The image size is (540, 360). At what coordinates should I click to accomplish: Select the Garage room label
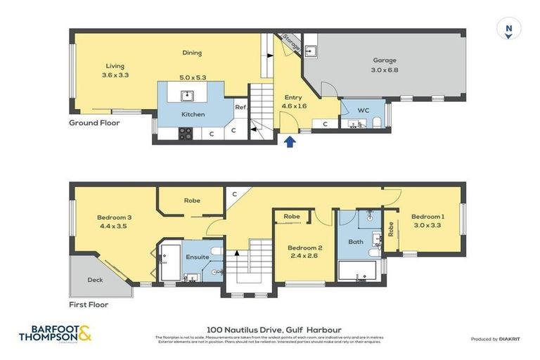coord(385,60)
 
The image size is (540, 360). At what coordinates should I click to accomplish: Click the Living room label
coord(115,66)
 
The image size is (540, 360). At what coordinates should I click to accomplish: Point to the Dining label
coord(192,53)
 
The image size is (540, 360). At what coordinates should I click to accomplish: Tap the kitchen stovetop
coord(186,132)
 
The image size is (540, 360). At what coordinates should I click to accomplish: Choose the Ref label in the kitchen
coord(240,107)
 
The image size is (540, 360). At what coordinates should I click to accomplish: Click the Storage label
coord(290,44)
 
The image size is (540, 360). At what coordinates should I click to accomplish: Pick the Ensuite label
coord(198,257)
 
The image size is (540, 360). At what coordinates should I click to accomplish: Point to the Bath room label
coord(356,241)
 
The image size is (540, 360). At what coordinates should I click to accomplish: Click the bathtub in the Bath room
coord(361,271)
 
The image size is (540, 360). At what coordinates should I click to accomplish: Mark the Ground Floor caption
coord(94,123)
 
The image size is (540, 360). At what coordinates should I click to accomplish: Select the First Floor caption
coord(89,305)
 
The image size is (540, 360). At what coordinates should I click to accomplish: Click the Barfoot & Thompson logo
coord(56,333)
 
